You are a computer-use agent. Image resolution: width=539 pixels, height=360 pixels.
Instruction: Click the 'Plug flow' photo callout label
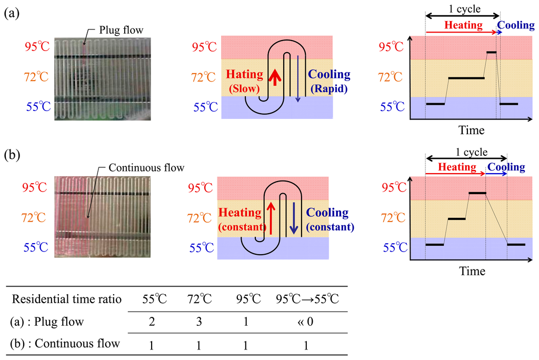pos(118,29)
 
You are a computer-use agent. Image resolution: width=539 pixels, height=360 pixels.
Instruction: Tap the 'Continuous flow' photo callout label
pos(146,168)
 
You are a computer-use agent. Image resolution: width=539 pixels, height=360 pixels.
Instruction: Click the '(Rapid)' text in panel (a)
pos(329,89)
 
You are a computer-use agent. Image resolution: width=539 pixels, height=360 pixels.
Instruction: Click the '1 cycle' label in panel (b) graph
pos(466,153)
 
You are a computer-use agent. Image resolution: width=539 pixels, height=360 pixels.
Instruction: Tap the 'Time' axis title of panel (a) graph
pos(472,129)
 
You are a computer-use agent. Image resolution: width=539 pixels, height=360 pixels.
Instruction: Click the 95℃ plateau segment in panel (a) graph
pos(491,52)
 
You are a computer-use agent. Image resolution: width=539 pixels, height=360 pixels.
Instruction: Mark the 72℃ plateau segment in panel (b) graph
pos(456,218)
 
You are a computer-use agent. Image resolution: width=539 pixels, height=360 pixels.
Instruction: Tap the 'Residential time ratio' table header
pos(67,299)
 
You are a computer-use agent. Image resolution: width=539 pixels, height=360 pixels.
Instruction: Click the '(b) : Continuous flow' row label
pos(66,344)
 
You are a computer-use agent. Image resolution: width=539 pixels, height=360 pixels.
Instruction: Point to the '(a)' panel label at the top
pos(12,14)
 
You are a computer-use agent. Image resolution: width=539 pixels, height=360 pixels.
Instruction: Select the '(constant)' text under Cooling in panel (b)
pos(330,227)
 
